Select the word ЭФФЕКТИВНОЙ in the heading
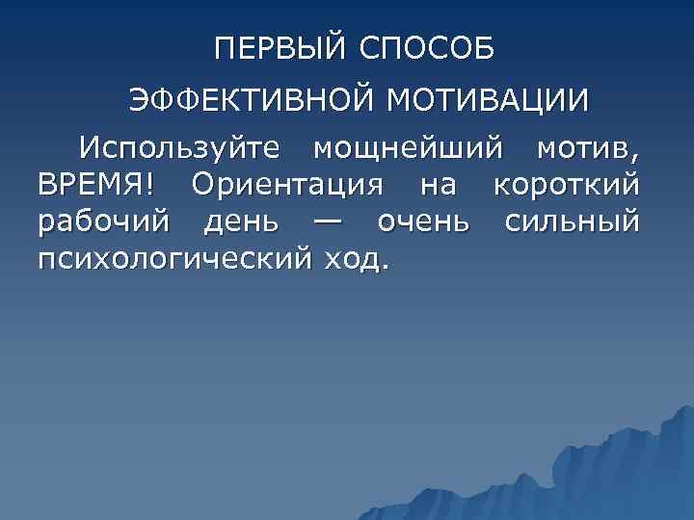click(x=251, y=101)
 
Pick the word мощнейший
click(x=408, y=149)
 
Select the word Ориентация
click(x=303, y=185)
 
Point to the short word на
click(x=453, y=185)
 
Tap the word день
click(x=242, y=222)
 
